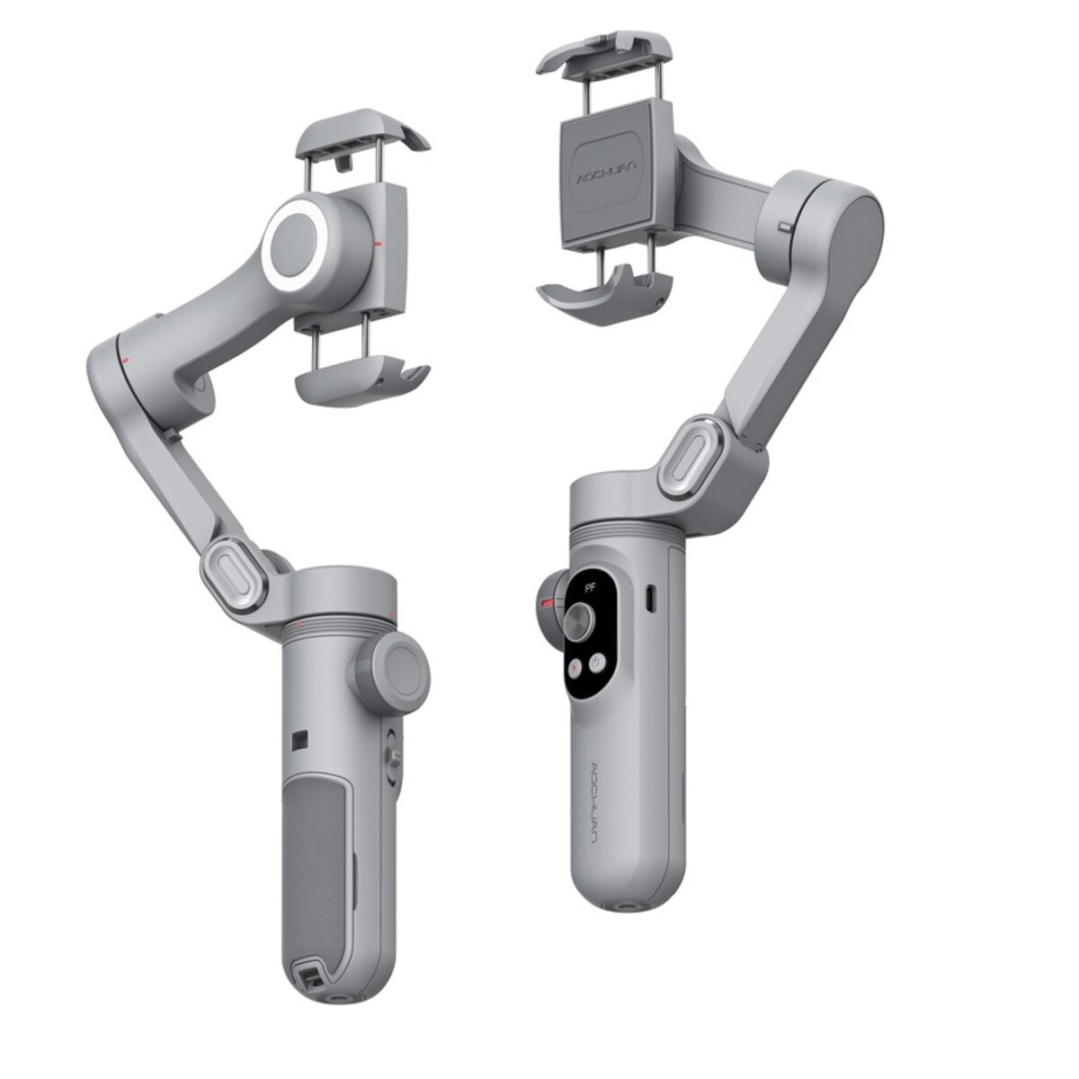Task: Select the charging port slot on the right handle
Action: [652, 598]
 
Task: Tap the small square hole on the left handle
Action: [299, 740]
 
